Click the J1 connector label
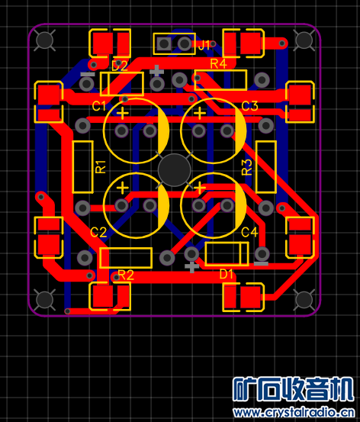(x=204, y=45)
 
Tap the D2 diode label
(x=120, y=66)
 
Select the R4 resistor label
(x=218, y=64)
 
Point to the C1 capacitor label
(x=99, y=106)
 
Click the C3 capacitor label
(x=249, y=106)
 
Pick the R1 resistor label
(x=101, y=167)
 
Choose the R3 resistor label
(x=246, y=167)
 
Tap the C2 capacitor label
(x=98, y=232)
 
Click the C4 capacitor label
(x=249, y=232)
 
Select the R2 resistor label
(x=126, y=275)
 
